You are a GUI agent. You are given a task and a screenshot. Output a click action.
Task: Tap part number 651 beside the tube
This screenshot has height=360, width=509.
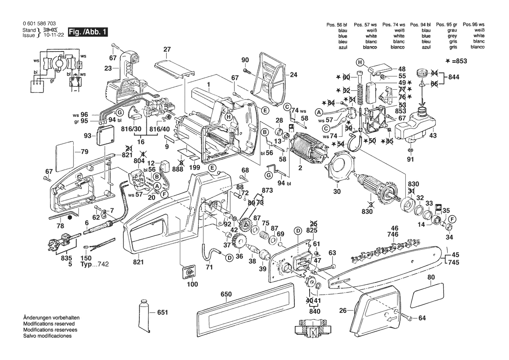click(x=162, y=312)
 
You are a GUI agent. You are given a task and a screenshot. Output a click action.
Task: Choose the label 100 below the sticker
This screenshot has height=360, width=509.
click(x=192, y=284)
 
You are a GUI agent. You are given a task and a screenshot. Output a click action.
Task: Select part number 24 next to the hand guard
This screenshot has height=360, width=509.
click(x=293, y=75)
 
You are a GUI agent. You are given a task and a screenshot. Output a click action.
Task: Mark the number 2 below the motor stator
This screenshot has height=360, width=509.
click(x=300, y=168)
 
